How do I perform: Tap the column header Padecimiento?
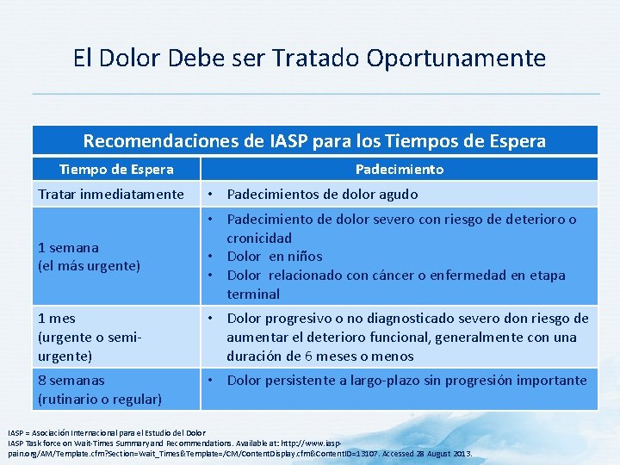coord(399,170)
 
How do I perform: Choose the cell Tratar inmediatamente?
coord(110,195)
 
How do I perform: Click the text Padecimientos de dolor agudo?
coord(322,195)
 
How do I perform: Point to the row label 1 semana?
coord(68,247)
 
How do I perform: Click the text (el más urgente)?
coord(89,266)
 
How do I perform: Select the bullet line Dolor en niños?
coord(274,257)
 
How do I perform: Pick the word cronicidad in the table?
coord(259,238)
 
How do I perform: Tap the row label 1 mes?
coord(58,319)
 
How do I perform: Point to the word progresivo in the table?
coord(299,319)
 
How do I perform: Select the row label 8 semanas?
coord(71,381)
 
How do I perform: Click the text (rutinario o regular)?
coord(100,399)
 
